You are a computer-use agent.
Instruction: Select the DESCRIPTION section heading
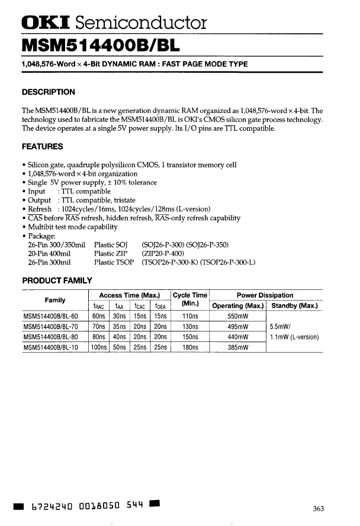pyautogui.click(x=48, y=92)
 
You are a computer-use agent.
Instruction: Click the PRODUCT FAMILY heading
pyautogui.click(x=56, y=280)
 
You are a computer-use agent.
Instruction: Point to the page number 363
pyautogui.click(x=319, y=508)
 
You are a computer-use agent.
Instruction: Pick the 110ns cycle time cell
pyautogui.click(x=189, y=317)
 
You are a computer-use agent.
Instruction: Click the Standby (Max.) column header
pyautogui.click(x=294, y=306)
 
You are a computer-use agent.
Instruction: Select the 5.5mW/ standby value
pyautogui.click(x=280, y=327)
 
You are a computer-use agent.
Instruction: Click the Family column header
pyautogui.click(x=54, y=300)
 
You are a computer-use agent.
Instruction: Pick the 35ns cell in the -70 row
pyautogui.click(x=120, y=327)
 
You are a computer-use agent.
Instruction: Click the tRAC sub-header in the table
pyautogui.click(x=98, y=306)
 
